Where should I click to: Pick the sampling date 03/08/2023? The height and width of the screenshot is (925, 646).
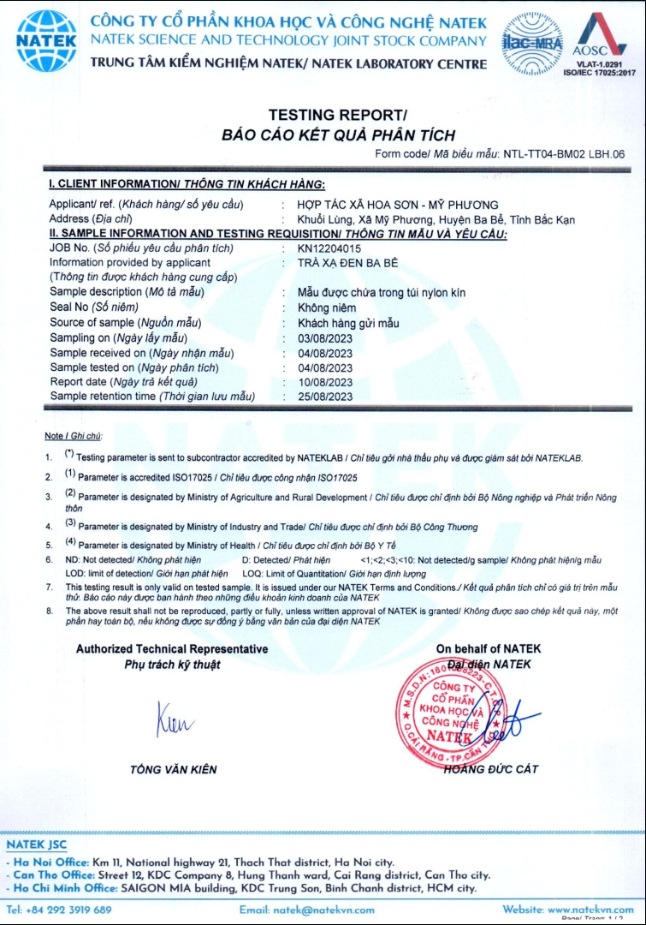[x=325, y=337]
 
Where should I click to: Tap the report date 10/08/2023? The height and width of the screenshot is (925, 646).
[x=325, y=382]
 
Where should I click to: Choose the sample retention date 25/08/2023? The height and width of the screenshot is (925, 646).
[x=325, y=397]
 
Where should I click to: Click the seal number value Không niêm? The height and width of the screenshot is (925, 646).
[x=326, y=307]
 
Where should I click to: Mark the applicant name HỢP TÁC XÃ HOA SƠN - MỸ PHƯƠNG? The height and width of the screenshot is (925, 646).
[x=397, y=205]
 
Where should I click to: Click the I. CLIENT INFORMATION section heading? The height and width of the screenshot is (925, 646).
[x=187, y=184]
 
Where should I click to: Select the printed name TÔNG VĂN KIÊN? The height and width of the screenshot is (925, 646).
[x=173, y=769]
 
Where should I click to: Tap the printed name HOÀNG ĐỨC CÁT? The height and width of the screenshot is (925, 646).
[x=491, y=769]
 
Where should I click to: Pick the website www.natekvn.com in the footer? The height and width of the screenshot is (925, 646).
[x=591, y=910]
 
